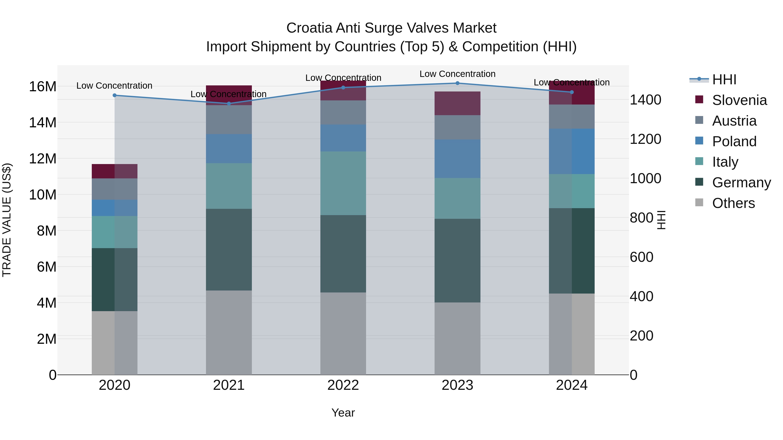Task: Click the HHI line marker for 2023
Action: [457, 83]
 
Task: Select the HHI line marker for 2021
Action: [229, 104]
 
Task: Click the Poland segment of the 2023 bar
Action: [457, 159]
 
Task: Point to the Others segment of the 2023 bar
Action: [457, 338]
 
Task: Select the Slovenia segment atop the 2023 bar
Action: [457, 103]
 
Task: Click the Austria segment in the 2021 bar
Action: [229, 120]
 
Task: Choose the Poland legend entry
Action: [734, 141]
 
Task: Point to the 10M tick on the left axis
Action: [43, 195]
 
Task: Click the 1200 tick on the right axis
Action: [645, 139]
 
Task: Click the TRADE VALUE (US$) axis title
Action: [7, 220]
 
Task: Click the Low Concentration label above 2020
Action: [114, 86]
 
